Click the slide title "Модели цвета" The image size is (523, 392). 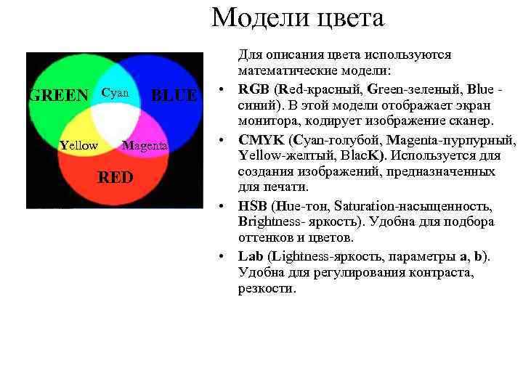tap(297, 17)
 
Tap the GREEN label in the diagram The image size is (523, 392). tap(58, 95)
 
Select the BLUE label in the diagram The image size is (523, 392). tap(174, 95)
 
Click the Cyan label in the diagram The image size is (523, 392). tap(115, 93)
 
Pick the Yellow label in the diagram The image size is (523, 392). tap(78, 145)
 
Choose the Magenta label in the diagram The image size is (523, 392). tap(145, 145)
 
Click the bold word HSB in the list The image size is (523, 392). tap(253, 207)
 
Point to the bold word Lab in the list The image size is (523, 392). tap(251, 256)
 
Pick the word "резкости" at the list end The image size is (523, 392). tap(266, 289)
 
